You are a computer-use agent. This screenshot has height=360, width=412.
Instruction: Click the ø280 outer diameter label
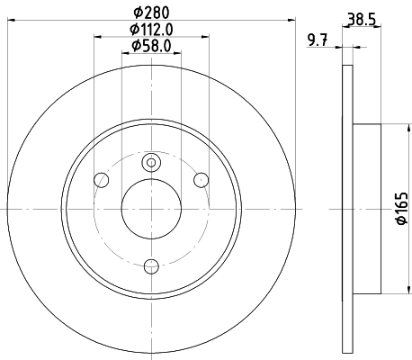(151, 13)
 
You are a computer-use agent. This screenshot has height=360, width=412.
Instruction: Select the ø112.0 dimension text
(151, 29)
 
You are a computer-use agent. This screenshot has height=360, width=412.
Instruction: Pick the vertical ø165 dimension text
(402, 208)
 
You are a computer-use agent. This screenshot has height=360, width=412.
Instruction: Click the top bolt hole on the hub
(151, 162)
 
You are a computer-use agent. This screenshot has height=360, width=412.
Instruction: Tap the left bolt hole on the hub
(102, 181)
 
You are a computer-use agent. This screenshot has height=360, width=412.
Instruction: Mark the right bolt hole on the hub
(201, 181)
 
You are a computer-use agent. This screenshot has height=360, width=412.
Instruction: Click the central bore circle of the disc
(151, 208)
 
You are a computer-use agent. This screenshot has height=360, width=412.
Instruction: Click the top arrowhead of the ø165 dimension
(391, 127)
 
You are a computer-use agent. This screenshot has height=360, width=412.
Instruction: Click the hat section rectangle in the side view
(369, 208)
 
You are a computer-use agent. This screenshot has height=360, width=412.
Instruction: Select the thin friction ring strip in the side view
(347, 208)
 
